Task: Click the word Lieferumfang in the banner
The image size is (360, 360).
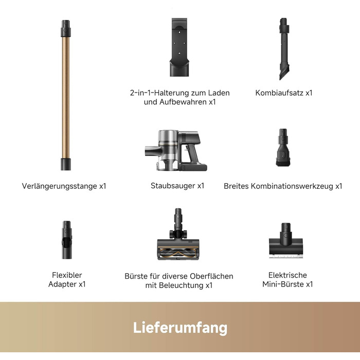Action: [180, 328]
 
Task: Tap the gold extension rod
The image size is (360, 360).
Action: [66, 95]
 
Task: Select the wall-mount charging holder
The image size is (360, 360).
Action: [179, 47]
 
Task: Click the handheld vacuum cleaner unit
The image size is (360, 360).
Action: [176, 150]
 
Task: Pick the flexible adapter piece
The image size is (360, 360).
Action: [67, 240]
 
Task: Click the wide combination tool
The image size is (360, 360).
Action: [283, 148]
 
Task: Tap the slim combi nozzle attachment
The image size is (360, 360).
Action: [284, 49]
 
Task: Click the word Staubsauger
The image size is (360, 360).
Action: [173, 186]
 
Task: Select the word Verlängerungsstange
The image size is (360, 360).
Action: [60, 186]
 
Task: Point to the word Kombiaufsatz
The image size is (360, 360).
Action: [279, 93]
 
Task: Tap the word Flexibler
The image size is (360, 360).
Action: [67, 275]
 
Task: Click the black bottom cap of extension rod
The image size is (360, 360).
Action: [66, 164]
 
